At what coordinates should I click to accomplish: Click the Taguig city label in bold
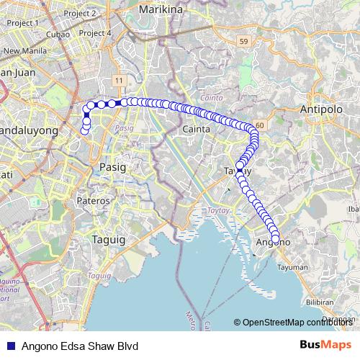[x=109, y=239]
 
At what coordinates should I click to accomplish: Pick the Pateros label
[x=94, y=200]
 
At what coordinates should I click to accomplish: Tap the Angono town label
[x=273, y=243]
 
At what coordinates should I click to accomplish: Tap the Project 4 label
[x=99, y=33]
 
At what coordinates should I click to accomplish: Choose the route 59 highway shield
[x=243, y=42]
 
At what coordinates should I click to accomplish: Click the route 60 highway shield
[x=259, y=125]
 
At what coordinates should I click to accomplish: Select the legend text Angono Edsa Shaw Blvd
[x=79, y=346]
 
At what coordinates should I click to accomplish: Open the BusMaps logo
[x=325, y=345]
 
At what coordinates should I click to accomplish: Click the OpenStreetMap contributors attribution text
[x=297, y=323]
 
